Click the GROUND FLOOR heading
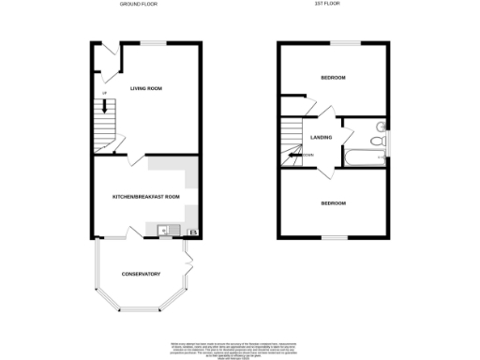click(138, 6)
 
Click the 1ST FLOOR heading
click(326, 6)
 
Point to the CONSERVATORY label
click(141, 274)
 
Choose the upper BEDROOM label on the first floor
click(333, 77)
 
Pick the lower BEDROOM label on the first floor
click(333, 203)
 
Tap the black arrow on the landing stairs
click(296, 155)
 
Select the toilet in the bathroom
click(376, 141)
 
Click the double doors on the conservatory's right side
click(187, 251)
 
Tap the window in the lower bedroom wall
click(335, 238)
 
